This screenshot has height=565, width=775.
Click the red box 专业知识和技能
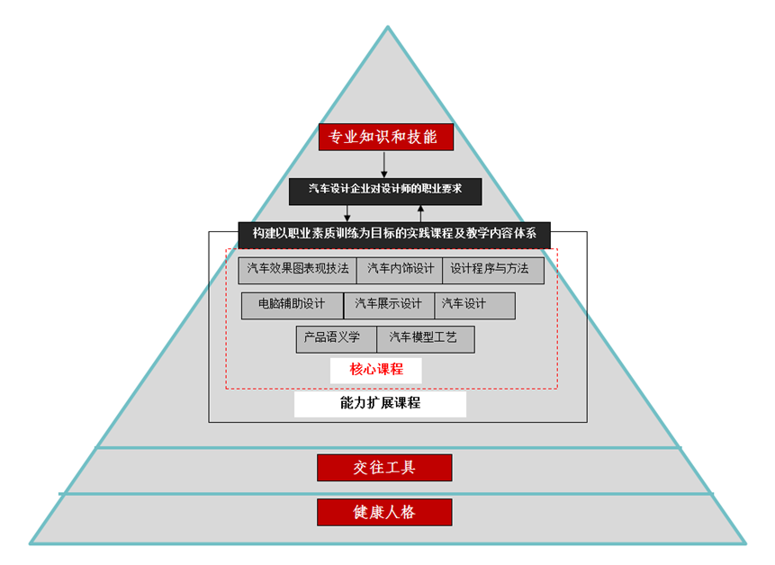pos(385,137)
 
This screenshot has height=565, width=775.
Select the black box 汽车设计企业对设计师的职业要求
pos(385,191)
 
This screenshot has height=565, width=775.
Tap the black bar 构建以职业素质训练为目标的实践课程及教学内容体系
pos(394,234)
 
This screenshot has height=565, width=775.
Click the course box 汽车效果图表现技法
pos(297,270)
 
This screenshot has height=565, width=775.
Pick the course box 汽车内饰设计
pos(400,270)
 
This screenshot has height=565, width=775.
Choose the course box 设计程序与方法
pos(492,270)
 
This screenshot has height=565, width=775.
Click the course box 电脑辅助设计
pos(292,305)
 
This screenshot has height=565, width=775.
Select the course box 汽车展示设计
pos(389,305)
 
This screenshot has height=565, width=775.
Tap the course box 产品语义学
pos(336,339)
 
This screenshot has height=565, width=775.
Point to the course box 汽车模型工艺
pos(425,339)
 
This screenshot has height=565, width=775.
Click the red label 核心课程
pos(376,370)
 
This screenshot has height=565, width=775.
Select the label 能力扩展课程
pos(380,404)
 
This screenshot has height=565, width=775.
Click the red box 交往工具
pos(384,468)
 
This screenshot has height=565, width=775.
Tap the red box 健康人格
pos(384,513)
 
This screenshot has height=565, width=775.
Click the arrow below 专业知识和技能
pos(384,165)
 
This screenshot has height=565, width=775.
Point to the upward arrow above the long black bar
pos(420,213)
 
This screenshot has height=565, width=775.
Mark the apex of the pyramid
pos(388,28)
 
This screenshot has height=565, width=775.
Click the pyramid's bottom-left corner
pos(31,543)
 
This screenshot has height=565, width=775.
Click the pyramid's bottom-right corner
pos(744,543)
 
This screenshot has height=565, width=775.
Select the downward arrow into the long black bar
pos(347,213)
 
